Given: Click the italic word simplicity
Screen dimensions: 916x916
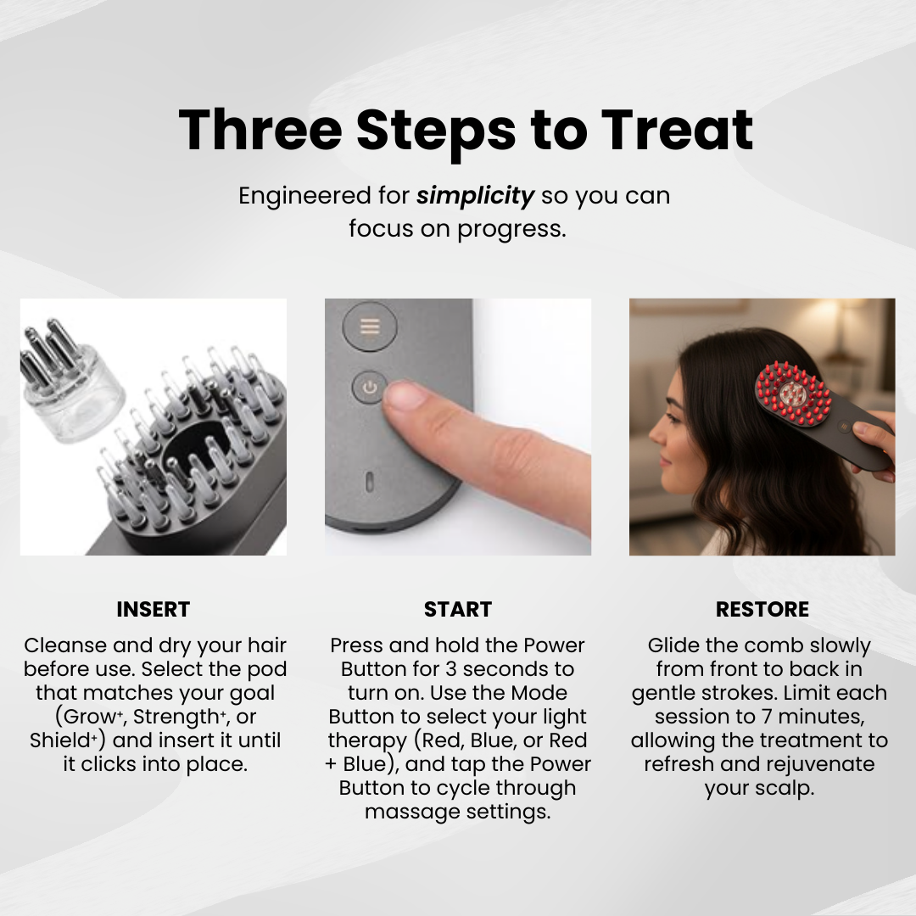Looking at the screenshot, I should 474,196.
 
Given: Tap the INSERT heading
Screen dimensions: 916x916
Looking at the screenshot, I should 153,609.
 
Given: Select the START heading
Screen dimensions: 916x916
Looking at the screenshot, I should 458,609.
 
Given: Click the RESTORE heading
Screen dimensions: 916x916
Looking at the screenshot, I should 762,609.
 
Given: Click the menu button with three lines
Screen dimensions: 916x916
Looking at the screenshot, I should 369,327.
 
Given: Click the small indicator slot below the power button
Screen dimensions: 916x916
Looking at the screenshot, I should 369,482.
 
